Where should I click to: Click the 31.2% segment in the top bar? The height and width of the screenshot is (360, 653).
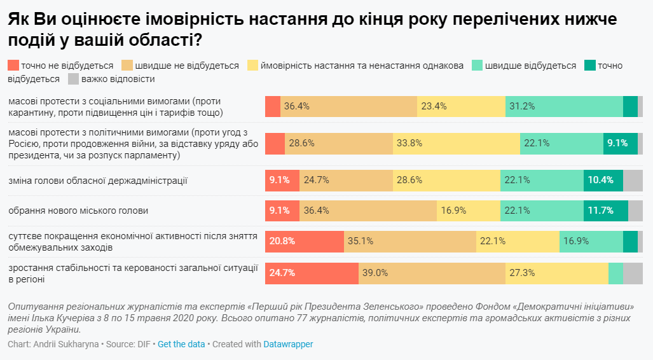tap(564, 106)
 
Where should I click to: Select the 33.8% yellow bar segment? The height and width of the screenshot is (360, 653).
tap(456, 144)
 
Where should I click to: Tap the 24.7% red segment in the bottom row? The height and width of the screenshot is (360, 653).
tap(312, 273)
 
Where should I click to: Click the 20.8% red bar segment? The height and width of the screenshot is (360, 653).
tap(305, 241)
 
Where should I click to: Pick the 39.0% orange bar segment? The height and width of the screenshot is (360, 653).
tap(432, 273)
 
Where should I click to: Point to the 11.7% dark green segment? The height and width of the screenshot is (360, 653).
tap(605, 211)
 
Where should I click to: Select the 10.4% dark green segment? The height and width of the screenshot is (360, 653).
tap(603, 180)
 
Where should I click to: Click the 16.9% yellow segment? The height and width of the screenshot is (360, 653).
tap(468, 211)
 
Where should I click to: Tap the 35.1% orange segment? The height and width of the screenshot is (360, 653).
tap(410, 241)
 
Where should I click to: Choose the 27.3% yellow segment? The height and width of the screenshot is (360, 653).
tap(557, 273)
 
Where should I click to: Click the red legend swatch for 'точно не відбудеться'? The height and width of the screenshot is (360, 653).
tap(13, 66)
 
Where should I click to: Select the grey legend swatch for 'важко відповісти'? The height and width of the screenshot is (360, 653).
tap(72, 79)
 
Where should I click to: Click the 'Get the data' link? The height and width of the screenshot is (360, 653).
tap(181, 344)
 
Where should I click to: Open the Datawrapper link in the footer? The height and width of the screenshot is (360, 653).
tap(288, 344)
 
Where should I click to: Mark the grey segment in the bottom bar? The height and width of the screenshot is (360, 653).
tap(633, 273)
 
